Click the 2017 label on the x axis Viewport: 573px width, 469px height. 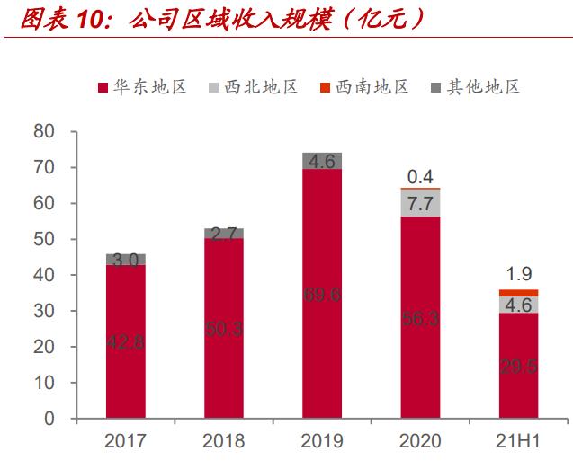pyautogui.click(x=126, y=442)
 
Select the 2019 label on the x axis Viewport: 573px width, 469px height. pyautogui.click(x=321, y=442)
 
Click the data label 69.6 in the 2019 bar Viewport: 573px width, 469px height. pyautogui.click(x=321, y=294)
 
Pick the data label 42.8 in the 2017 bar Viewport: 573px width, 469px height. pyautogui.click(x=126, y=342)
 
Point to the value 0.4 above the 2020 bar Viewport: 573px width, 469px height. pyautogui.click(x=420, y=175)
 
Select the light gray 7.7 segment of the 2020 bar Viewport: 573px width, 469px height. pyautogui.click(x=420, y=203)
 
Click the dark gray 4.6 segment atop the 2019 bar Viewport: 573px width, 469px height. pyautogui.click(x=321, y=161)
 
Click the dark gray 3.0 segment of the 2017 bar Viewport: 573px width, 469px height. pyautogui.click(x=126, y=260)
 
